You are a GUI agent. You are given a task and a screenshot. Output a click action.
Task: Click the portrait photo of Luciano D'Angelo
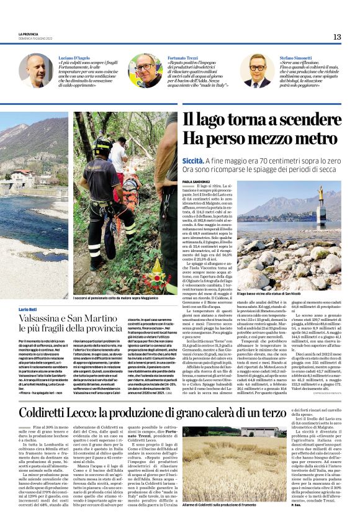point(37,71)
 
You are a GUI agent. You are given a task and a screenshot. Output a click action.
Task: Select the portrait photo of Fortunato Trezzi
point(145,71)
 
